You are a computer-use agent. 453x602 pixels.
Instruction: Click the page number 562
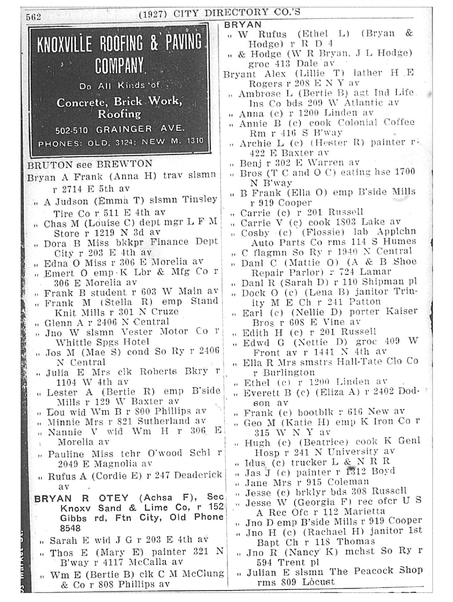click(33, 17)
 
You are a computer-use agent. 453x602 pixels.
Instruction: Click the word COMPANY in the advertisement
click(119, 65)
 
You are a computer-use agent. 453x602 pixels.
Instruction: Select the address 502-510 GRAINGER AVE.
click(120, 130)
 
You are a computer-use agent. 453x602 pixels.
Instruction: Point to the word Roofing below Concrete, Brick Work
click(119, 114)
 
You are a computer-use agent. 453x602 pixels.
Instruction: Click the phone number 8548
click(70, 528)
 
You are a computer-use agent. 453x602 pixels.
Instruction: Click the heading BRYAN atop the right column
click(243, 25)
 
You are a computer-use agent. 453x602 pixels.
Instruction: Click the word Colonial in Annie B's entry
click(358, 123)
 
